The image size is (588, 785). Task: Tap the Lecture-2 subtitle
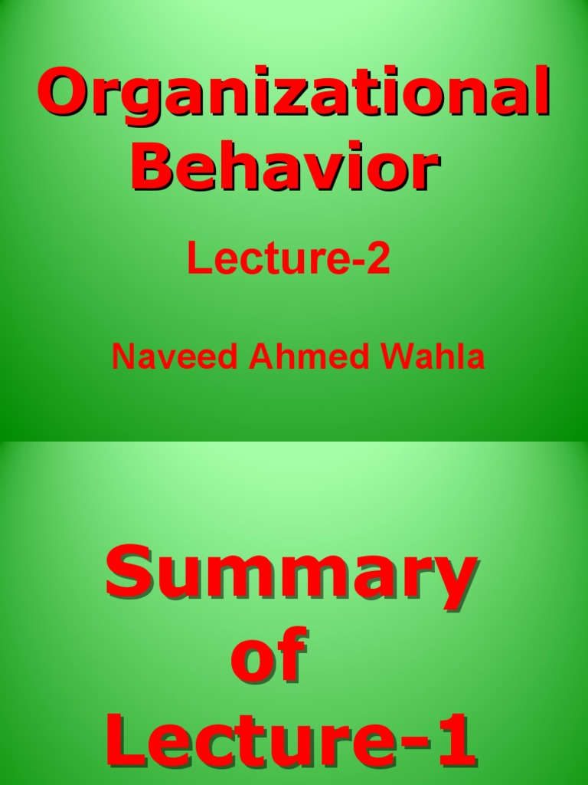(x=289, y=261)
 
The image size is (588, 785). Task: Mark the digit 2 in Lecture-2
(x=380, y=261)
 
